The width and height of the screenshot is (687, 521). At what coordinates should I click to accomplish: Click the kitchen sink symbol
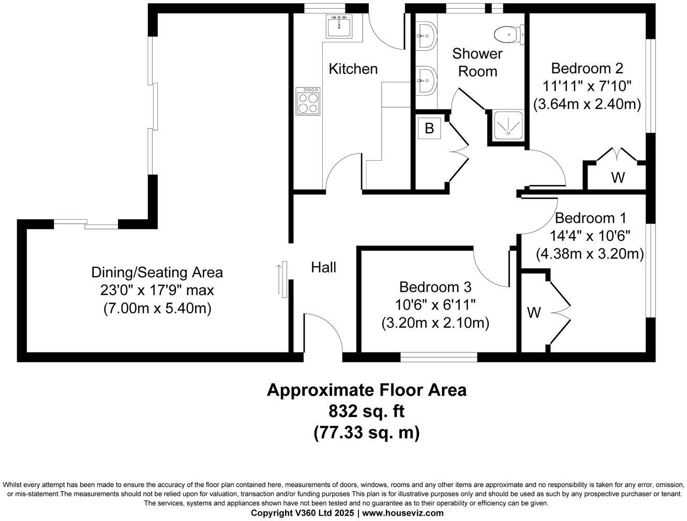coord(339,26)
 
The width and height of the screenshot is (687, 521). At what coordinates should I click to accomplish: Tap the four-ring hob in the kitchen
coord(308,101)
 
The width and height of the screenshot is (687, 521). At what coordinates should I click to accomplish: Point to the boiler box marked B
coord(429,128)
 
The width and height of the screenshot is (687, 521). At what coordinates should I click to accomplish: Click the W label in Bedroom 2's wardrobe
coord(618,177)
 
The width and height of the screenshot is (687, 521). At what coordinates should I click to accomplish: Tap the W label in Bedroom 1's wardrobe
coord(534,312)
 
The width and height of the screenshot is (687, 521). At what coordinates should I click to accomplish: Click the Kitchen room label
coord(353,69)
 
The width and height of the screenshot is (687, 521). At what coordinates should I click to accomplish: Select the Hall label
coord(323,267)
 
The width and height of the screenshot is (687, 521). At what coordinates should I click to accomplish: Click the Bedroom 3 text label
coord(435,287)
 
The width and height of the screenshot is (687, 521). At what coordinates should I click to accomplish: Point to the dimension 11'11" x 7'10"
coord(587,86)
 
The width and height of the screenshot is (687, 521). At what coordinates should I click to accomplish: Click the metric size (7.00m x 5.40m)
coord(157,309)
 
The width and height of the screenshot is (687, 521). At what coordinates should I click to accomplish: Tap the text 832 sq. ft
coord(366,411)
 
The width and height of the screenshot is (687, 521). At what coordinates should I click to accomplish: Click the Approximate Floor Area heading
coord(366,390)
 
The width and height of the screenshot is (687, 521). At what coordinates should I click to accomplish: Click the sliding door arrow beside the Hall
coord(280,279)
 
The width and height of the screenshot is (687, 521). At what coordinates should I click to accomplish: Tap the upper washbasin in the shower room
coord(427,36)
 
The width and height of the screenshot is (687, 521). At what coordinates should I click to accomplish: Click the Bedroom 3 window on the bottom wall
coord(439,356)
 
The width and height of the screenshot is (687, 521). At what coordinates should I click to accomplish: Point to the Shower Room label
coord(477,62)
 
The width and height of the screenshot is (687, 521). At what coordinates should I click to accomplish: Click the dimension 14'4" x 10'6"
coord(590,236)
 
